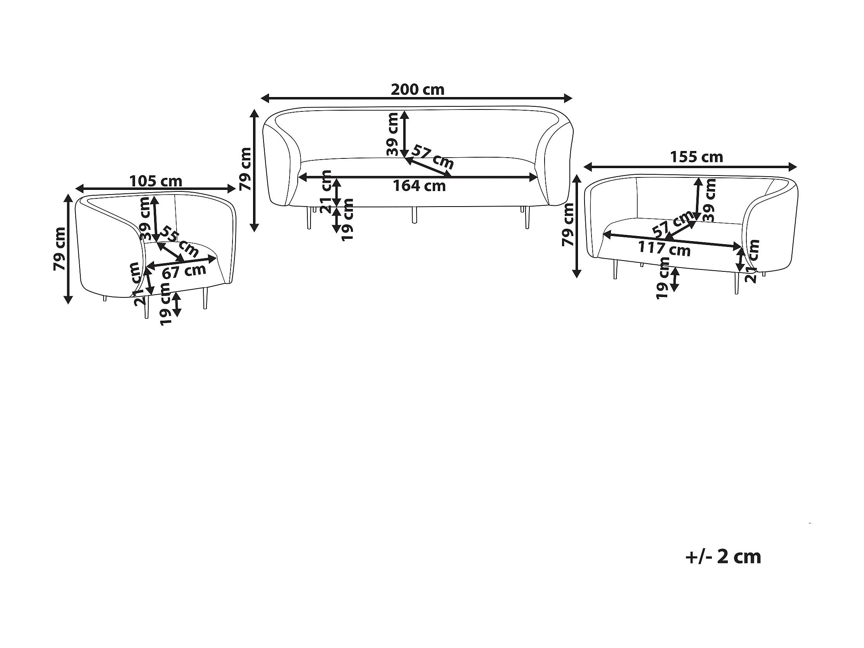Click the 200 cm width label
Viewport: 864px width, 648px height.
418,89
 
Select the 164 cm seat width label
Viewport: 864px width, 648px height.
419,186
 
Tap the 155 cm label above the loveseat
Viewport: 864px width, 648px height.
696,157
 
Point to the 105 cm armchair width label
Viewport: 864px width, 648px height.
156,181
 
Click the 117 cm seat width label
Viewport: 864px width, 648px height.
664,249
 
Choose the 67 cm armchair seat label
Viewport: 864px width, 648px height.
184,271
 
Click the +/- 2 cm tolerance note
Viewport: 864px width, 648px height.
723,557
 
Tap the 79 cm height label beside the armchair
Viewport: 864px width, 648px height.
59,249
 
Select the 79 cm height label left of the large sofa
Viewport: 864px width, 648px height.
245,169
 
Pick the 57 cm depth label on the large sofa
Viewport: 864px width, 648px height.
433,157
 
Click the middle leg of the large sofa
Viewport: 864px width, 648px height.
414,215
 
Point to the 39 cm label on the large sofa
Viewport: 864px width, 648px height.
392,134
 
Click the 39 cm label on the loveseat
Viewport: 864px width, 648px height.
709,200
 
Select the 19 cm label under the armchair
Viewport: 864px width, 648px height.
166,304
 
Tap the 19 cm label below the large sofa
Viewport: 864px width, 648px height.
347,219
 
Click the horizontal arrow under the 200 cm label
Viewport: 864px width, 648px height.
416,99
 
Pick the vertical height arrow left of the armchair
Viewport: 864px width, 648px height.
69,249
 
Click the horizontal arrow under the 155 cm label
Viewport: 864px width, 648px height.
690,167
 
